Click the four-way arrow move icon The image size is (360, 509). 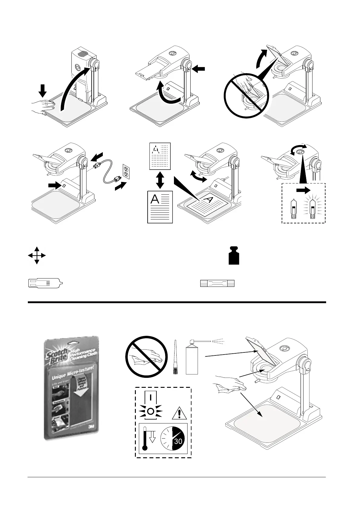pyautogui.click(x=37, y=255)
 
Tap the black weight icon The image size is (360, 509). pyautogui.click(x=234, y=256)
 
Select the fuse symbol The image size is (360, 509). pyautogui.click(x=218, y=283)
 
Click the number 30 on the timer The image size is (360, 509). pyautogui.click(x=178, y=441)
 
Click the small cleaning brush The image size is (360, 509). pyautogui.click(x=175, y=358)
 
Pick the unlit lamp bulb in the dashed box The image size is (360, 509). pyautogui.click(x=293, y=208)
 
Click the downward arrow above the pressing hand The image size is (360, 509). pyautogui.click(x=43, y=90)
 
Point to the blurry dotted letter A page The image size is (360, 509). pyautogui.click(x=160, y=156)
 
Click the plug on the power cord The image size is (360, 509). pyautogui.click(x=97, y=166)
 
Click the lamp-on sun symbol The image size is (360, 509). pyautogui.click(x=150, y=411)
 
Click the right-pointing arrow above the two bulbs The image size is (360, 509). pyautogui.click(x=303, y=190)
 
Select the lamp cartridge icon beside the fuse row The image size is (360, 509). pyautogui.click(x=45, y=283)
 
